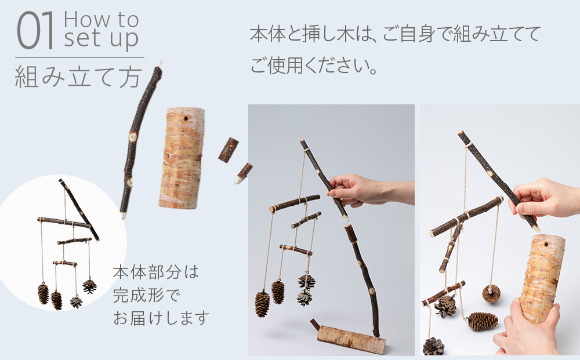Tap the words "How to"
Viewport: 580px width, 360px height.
101,20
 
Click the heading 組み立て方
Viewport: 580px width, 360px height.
78,76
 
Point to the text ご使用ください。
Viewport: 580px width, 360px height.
314,64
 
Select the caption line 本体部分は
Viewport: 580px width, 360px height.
155,272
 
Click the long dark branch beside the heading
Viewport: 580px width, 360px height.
139,139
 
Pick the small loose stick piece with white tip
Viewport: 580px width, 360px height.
243,173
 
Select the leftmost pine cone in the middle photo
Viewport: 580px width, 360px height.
262,304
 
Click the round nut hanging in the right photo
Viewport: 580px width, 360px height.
491,293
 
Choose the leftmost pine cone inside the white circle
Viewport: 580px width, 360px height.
43,293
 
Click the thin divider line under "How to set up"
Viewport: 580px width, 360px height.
79,57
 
